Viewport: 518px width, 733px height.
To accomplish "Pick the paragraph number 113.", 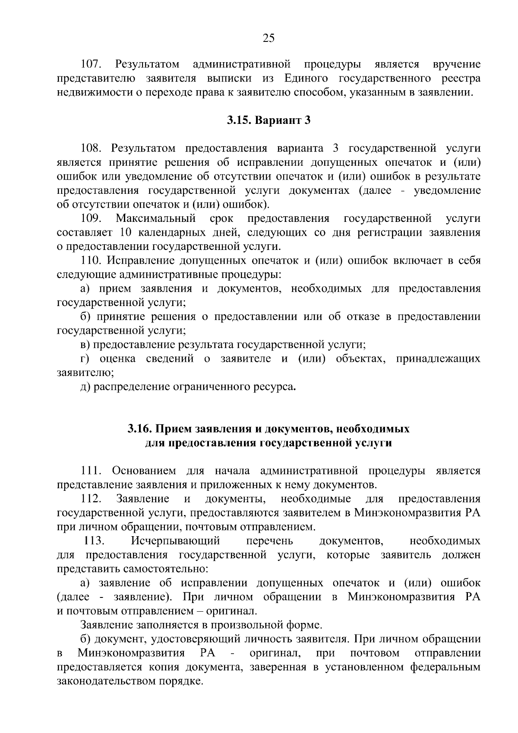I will click(x=94, y=540).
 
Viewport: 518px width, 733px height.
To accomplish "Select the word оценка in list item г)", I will click(x=117, y=359).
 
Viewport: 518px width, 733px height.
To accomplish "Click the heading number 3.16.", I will click(x=139, y=429).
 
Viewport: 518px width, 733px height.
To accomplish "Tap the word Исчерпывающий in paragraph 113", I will click(x=175, y=540).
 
